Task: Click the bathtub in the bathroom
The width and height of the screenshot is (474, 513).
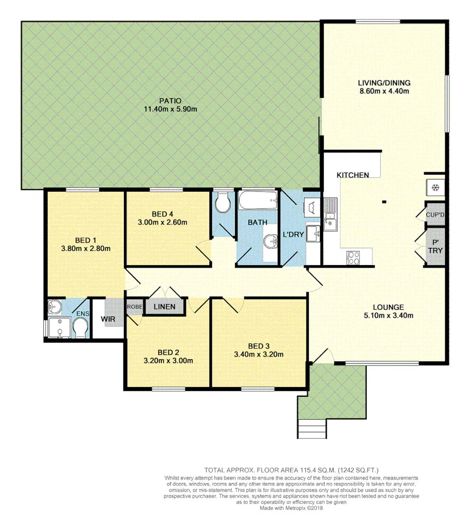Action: click(x=258, y=201)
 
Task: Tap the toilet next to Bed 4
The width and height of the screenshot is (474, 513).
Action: click(x=222, y=203)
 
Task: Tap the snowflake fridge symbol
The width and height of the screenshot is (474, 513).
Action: click(x=434, y=187)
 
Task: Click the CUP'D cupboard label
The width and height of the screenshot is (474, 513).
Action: click(x=435, y=215)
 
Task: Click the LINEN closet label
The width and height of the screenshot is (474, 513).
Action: click(x=164, y=307)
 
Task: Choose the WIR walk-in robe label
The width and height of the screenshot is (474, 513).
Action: click(x=108, y=319)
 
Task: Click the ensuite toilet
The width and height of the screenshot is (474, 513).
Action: click(x=80, y=327)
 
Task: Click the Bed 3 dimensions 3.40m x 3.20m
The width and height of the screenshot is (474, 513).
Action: click(x=259, y=354)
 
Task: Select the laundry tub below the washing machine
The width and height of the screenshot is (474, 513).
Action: click(x=313, y=233)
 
